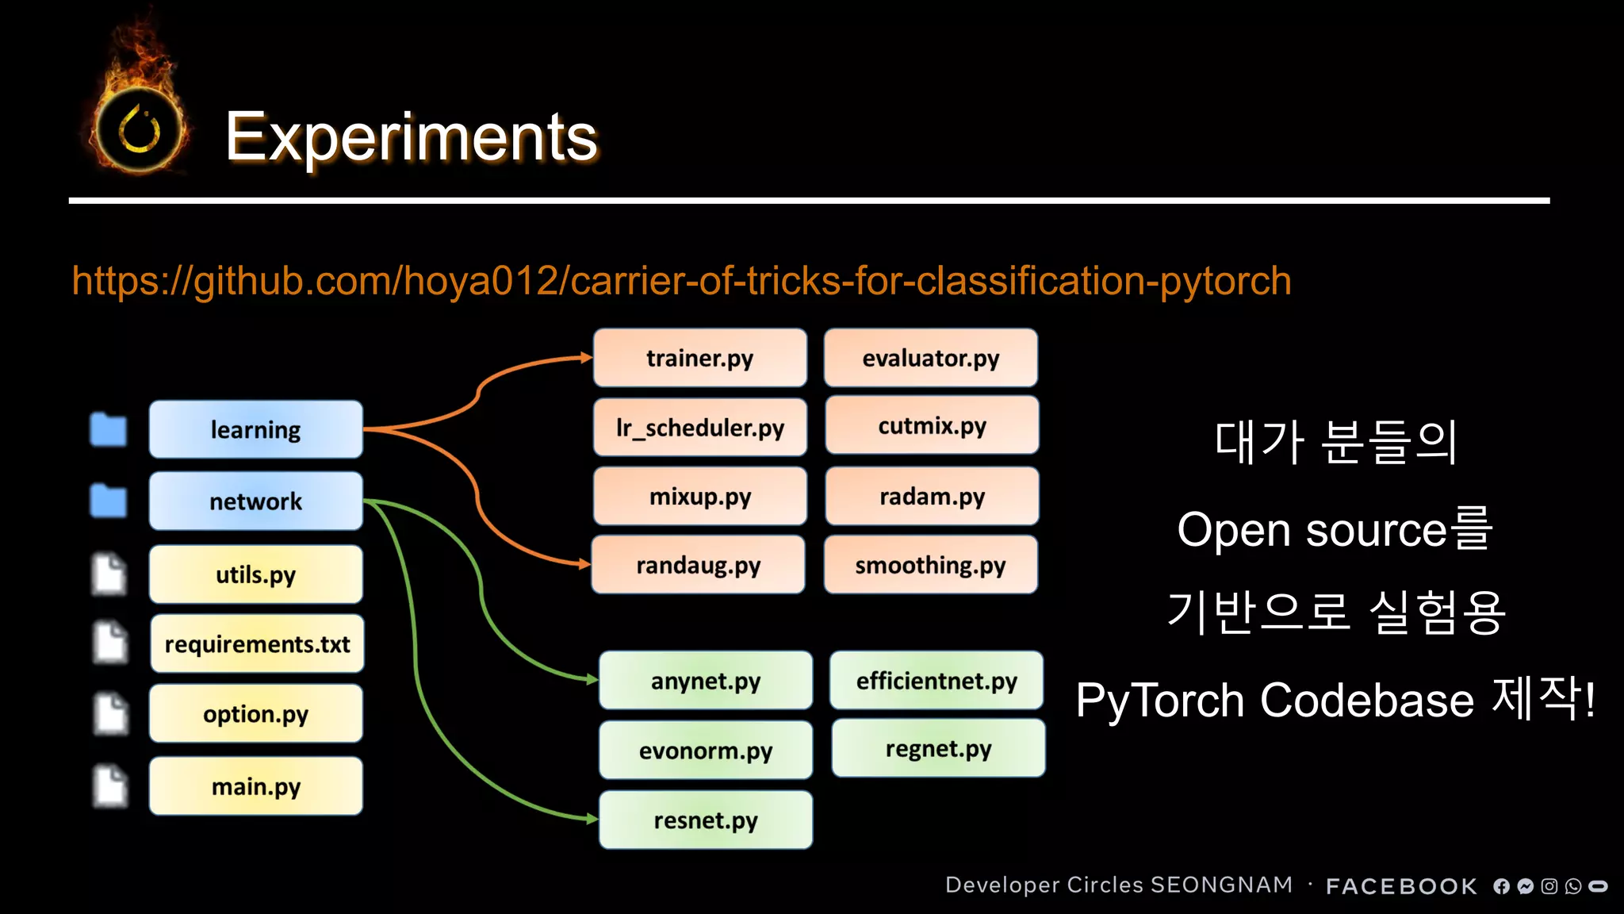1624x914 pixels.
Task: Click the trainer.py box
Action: [699, 358]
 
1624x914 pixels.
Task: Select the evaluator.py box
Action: [930, 358]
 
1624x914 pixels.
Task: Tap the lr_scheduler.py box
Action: [699, 428]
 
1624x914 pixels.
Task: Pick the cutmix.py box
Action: [932, 426]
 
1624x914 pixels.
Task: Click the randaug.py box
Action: [698, 565]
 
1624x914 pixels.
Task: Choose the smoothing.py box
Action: [930, 565]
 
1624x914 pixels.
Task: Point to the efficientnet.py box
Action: [936, 681]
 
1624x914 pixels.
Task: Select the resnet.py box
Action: [706, 820]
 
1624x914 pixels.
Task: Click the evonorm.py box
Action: [706, 751]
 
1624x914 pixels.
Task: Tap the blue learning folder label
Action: [255, 430]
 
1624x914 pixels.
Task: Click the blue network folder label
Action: [255, 501]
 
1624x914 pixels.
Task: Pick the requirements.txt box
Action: [257, 644]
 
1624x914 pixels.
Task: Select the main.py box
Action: [255, 787]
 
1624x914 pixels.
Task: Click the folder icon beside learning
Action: [109, 430]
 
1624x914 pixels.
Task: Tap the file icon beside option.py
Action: [110, 713]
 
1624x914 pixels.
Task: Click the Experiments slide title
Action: [411, 137]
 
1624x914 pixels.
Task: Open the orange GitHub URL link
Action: [681, 281]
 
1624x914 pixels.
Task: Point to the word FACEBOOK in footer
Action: [1401, 886]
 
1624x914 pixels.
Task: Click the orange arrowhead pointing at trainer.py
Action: [586, 358]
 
